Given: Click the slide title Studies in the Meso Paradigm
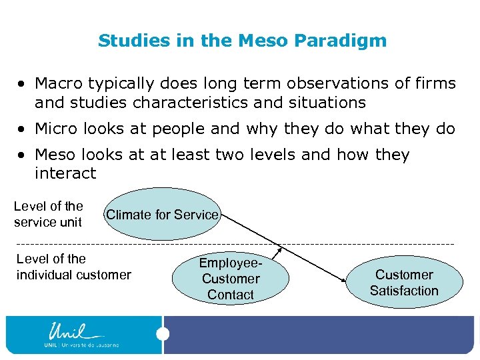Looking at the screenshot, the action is [x=242, y=41].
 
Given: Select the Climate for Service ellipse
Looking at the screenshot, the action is [x=162, y=214].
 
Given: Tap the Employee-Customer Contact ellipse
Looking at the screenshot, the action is [x=230, y=279].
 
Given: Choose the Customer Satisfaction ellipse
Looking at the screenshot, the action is [x=404, y=283].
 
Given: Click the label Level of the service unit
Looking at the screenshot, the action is [x=48, y=214].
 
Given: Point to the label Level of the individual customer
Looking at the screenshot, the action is [x=73, y=267].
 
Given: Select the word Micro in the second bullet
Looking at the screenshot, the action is [x=55, y=129].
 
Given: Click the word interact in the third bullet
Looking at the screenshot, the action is [x=65, y=174].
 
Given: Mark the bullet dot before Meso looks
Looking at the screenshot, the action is [x=23, y=155].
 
